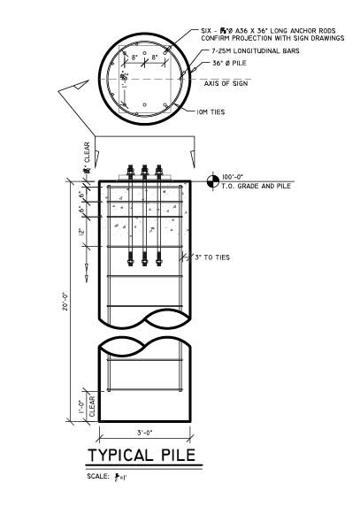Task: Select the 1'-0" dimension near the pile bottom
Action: click(x=80, y=409)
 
